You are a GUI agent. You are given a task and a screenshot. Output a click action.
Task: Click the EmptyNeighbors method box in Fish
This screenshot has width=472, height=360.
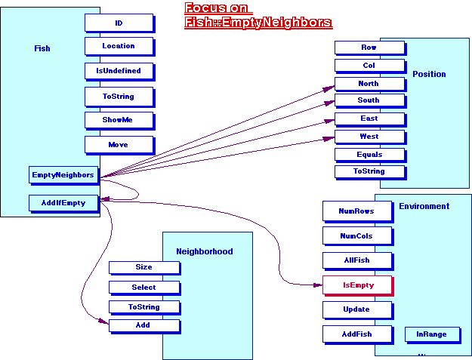click(x=63, y=175)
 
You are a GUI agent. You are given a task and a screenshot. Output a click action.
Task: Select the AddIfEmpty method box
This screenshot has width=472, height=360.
click(x=63, y=202)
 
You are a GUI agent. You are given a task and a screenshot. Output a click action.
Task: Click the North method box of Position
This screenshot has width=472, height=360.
click(x=369, y=84)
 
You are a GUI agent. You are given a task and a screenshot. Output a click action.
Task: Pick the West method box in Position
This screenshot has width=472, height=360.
click(x=369, y=137)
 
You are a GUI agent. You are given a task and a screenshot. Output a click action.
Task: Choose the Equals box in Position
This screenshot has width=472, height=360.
click(x=369, y=155)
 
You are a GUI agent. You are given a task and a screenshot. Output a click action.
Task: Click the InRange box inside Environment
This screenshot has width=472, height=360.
click(x=431, y=334)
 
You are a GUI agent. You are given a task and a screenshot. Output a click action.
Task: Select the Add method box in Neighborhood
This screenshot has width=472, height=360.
click(x=143, y=325)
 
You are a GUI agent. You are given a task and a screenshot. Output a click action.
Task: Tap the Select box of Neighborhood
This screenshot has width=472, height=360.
click(x=143, y=287)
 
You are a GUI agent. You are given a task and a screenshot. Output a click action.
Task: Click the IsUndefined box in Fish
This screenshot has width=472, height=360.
click(x=119, y=70)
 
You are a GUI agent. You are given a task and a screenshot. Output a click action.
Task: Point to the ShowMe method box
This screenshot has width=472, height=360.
click(x=119, y=119)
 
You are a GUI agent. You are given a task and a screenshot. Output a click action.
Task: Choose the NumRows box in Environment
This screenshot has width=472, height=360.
click(x=356, y=211)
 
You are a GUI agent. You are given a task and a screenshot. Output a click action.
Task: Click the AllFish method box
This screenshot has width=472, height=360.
click(x=356, y=260)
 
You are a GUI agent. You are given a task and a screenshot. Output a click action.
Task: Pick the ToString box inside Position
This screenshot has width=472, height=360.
click(x=369, y=171)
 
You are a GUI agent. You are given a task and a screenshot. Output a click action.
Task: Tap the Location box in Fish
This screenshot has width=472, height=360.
click(x=119, y=46)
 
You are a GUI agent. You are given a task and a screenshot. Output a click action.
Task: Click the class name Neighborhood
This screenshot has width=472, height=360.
click(x=204, y=251)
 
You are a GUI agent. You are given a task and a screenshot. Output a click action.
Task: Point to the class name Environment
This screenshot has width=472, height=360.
click(x=424, y=206)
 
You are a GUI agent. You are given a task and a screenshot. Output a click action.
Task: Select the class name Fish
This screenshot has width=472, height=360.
click(x=42, y=48)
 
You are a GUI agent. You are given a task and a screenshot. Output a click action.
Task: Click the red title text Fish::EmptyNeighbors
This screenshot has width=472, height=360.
click(x=258, y=23)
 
